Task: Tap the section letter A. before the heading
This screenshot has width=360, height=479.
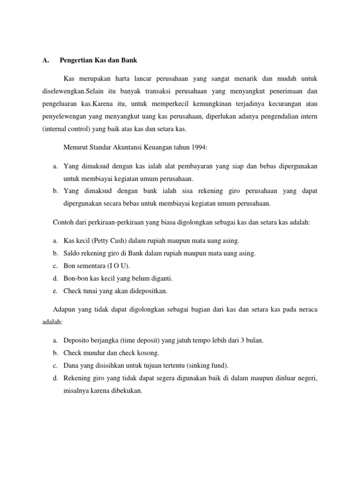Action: pos(45,60)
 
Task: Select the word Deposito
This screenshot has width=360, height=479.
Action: pos(77,340)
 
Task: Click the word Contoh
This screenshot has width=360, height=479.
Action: pos(63,223)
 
